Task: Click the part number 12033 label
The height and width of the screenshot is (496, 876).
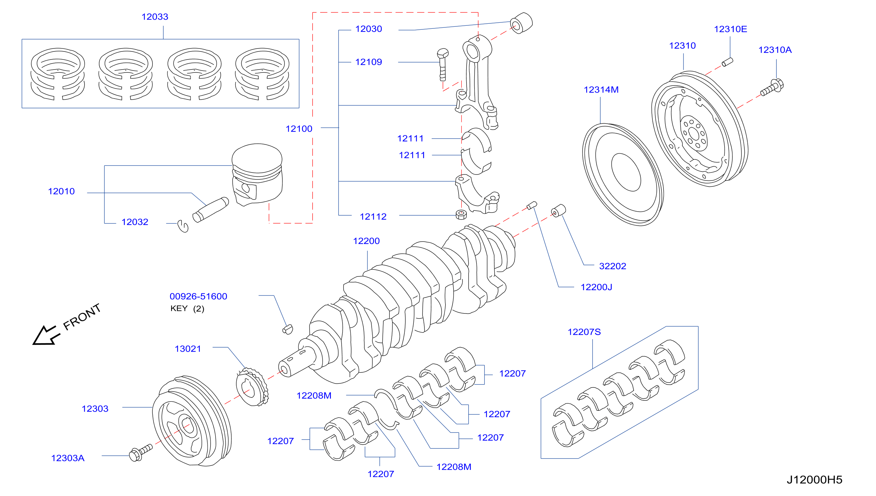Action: (155, 17)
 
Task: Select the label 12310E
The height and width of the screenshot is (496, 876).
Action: (730, 29)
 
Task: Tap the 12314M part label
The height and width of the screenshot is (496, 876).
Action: (601, 90)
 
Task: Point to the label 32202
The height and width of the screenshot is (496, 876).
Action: (612, 266)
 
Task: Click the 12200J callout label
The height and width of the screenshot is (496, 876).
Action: (596, 287)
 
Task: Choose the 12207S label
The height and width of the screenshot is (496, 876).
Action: (584, 332)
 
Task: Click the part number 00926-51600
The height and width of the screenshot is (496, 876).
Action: (198, 296)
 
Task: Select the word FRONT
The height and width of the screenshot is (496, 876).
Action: (82, 317)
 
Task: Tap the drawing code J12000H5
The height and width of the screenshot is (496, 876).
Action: (814, 480)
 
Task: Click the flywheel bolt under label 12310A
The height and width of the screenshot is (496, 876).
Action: (772, 87)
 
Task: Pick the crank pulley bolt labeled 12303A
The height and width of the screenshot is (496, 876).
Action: (141, 453)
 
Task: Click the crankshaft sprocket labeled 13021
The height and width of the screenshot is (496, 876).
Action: (252, 387)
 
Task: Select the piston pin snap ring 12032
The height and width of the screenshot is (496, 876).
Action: (183, 226)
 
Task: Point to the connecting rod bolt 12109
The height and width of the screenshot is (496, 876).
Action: (443, 65)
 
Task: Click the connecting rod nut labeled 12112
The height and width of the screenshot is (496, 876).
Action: (461, 215)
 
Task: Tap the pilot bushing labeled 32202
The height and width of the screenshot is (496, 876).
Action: (558, 211)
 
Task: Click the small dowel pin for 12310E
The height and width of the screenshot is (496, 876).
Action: (727, 62)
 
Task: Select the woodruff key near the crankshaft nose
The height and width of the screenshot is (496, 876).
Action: (288, 329)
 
